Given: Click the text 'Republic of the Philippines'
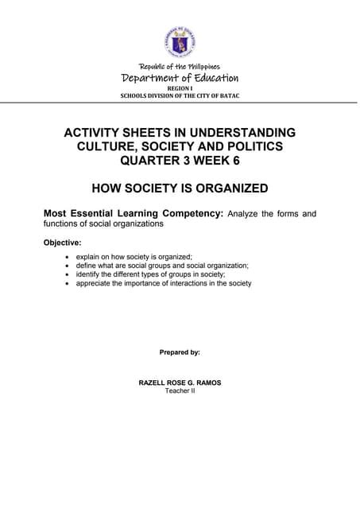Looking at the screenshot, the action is (180, 67).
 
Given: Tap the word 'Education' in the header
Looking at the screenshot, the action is (209, 78).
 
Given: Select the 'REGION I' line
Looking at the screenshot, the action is (180, 89).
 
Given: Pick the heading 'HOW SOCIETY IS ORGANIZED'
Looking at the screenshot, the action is (180, 188).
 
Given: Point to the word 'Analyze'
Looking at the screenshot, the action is (244, 214).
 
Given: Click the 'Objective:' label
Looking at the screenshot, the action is (63, 242).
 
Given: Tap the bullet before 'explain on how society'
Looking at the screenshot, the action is (67, 257).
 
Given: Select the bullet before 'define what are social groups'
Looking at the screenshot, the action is (67, 266).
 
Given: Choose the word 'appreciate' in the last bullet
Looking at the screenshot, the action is (95, 283).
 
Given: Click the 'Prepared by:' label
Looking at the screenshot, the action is (180, 352).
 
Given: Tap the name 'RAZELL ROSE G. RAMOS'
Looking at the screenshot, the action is (180, 383).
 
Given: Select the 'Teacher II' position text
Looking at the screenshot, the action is (180, 391).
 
